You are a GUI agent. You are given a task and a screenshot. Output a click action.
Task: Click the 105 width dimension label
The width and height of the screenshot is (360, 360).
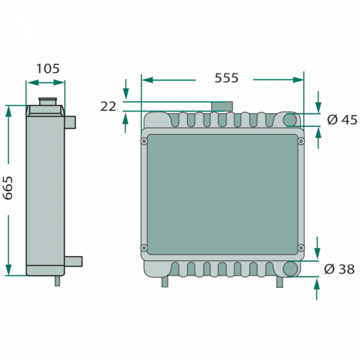pyautogui.click(x=48, y=69)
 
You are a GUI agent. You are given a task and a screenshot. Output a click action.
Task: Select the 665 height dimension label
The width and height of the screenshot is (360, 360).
pyautogui.click(x=8, y=188)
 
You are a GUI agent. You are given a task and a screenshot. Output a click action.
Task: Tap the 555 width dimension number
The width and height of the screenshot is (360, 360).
pyautogui.click(x=226, y=78)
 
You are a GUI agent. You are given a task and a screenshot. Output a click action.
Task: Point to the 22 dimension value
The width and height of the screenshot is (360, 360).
pyautogui.click(x=108, y=107)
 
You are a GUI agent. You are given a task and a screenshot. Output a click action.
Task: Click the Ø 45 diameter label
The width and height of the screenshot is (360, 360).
pyautogui.click(x=342, y=120)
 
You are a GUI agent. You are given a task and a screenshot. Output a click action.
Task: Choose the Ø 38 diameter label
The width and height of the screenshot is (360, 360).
pyautogui.click(x=339, y=269)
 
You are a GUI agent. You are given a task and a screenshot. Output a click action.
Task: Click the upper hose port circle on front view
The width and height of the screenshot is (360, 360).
pyautogui.click(x=290, y=120)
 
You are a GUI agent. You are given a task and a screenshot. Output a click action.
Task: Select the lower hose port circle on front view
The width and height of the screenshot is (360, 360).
pyautogui.click(x=290, y=268)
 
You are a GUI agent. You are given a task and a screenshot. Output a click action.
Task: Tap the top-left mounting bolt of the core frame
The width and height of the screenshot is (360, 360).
pyautogui.click(x=144, y=141)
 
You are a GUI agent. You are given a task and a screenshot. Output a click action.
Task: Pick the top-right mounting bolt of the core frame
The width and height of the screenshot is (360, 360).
pyautogui.click(x=301, y=141)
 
